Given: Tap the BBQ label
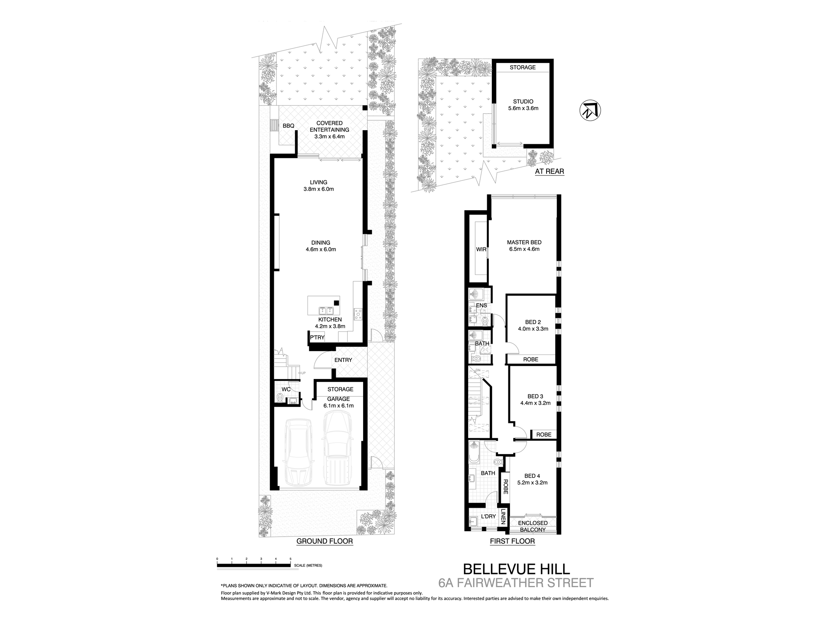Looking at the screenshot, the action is point(288,126).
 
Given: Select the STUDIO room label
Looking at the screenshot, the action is point(523,102).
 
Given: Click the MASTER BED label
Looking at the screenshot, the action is point(524,243).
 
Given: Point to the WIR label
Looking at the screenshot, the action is point(481,250).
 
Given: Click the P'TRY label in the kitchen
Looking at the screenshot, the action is point(317,338).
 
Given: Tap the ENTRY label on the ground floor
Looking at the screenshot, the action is point(343,360).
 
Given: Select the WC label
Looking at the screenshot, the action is point(286,389).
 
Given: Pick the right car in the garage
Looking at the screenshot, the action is point(337,448).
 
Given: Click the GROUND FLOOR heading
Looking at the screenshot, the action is point(325,541).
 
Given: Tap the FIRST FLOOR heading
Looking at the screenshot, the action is point(512,541).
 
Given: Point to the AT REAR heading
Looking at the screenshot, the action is point(549,171).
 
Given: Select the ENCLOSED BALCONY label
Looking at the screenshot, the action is point(533,527).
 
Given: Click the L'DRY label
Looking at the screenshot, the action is point(488,517).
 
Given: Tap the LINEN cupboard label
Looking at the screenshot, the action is point(503,517).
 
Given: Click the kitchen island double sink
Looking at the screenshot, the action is point(326,311).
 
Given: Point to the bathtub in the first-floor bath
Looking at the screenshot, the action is point(473,459).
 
